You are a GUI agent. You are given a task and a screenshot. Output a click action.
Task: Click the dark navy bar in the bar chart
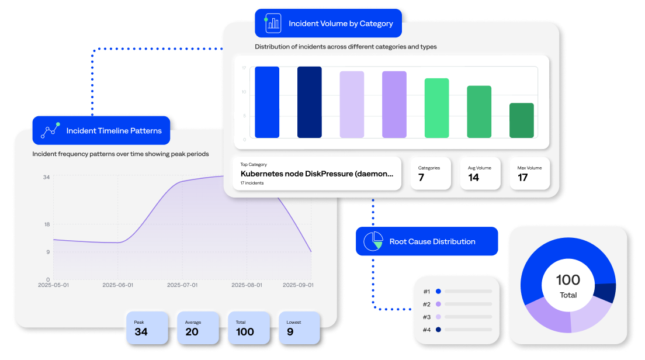[310, 102]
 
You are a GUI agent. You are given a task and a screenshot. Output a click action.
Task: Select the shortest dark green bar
[522, 120]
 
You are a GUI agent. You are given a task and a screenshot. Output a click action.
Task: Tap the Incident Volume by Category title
[341, 24]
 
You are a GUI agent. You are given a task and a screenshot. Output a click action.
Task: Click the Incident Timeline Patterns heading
[114, 131]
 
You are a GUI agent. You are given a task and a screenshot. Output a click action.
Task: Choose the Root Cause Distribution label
[432, 241]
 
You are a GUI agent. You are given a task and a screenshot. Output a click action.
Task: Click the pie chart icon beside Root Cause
[373, 241]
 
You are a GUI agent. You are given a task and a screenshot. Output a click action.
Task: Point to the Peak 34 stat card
[147, 328]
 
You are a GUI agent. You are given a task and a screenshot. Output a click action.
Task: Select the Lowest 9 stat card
[299, 328]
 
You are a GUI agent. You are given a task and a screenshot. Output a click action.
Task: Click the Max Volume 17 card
[530, 173]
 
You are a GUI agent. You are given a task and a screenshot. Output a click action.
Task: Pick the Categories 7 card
[431, 173]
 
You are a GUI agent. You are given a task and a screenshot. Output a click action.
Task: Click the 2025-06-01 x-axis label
[118, 285]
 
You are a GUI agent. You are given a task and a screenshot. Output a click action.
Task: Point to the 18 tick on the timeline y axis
[46, 224]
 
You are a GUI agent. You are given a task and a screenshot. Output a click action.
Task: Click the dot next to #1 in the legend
[438, 291]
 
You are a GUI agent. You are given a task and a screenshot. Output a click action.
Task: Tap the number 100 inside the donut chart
[568, 280]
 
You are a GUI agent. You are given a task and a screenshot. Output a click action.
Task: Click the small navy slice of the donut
[605, 292]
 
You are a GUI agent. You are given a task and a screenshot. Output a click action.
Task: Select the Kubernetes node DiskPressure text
[317, 174]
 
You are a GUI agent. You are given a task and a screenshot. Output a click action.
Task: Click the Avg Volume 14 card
[480, 173]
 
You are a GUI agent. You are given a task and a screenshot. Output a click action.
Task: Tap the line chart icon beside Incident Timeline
[50, 131]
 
